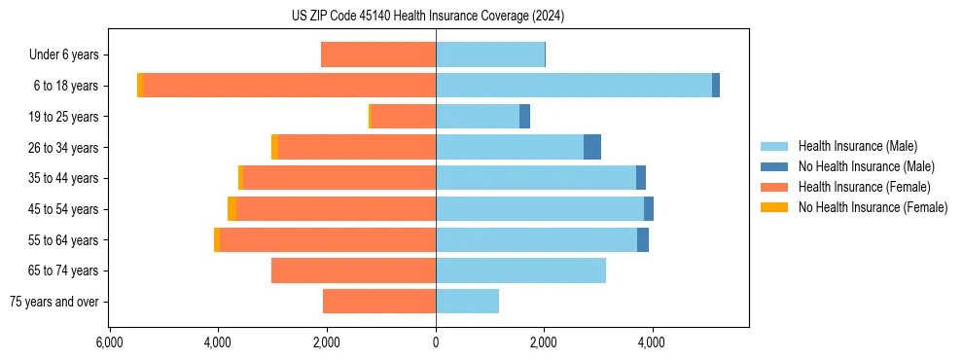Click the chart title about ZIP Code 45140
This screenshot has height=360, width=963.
pos(427,17)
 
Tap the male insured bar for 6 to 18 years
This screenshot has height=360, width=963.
pos(574,86)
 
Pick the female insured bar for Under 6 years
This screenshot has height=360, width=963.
pos(378,54)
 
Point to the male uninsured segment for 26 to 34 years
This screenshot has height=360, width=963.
pos(592,147)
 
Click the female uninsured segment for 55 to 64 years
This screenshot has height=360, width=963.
pos(217,240)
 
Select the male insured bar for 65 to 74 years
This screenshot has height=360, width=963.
pos(520,270)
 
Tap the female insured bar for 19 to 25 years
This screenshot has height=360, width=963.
pos(404,117)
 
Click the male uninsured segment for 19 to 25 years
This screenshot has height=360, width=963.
pos(524,117)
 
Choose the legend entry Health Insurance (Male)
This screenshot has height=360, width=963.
pos(857,146)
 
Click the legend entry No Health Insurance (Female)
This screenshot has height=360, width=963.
pos(873,207)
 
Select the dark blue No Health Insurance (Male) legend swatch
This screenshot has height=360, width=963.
pos(774,166)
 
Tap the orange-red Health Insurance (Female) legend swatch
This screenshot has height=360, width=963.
pos(774,187)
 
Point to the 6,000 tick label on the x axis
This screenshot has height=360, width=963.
pos(110,342)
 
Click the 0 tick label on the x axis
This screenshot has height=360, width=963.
pos(436,342)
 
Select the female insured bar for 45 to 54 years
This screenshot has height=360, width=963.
pos(336,209)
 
